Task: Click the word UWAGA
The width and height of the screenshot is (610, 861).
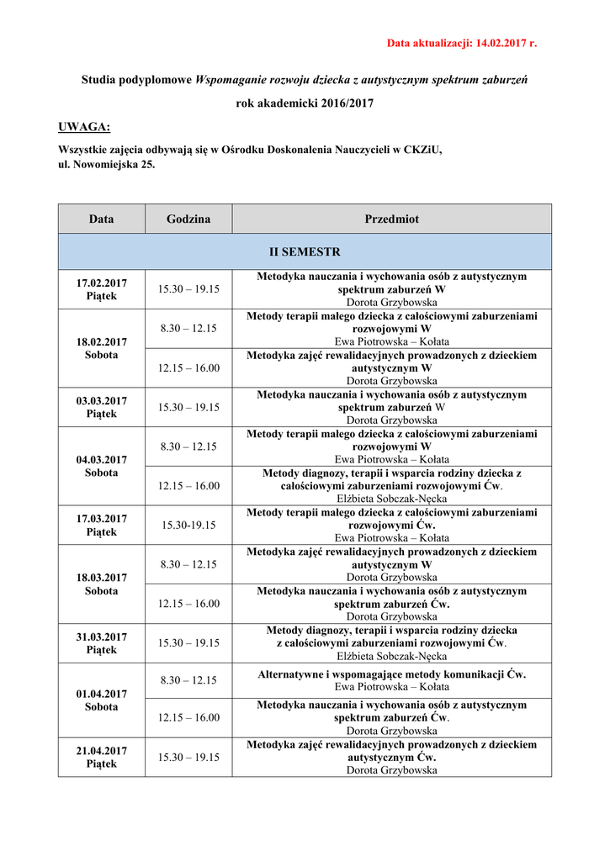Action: [84, 127]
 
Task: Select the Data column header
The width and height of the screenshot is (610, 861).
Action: [101, 219]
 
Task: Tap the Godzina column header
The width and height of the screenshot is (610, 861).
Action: [188, 219]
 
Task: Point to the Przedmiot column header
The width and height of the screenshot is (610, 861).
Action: [391, 219]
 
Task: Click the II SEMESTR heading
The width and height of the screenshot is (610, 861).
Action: [305, 251]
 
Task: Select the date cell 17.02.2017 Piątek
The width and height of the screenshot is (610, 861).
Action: [101, 289]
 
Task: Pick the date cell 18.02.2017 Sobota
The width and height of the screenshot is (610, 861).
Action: [101, 348]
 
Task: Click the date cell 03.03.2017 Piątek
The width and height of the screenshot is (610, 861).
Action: [101, 407]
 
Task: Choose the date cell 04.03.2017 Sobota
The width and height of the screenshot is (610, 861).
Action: [101, 466]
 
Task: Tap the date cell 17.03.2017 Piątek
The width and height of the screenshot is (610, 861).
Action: [101, 525]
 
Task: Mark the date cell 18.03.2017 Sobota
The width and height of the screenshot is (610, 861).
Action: [101, 584]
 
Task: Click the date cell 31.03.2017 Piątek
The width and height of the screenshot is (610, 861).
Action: [101, 642]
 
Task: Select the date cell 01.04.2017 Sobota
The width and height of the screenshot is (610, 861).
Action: [101, 700]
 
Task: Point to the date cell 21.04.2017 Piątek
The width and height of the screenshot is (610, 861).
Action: [101, 757]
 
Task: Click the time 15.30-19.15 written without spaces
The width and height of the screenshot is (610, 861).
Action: [188, 525]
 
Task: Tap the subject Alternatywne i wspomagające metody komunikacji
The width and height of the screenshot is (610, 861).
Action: [391, 674]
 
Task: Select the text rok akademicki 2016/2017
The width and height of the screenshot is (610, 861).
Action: [305, 103]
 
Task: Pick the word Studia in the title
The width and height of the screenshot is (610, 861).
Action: [98, 81]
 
